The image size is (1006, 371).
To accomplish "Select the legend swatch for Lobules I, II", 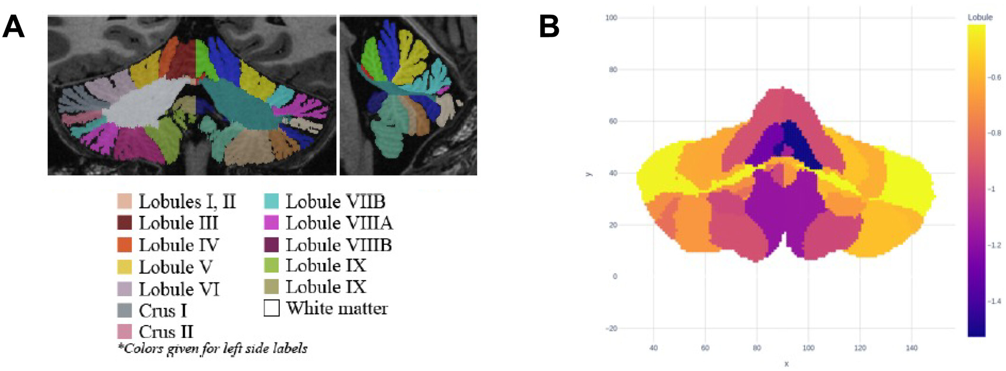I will [124, 201].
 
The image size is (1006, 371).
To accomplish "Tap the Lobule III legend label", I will [178, 223].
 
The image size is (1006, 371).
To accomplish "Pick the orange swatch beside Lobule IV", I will [124, 245].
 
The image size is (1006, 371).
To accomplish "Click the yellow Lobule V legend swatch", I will [124, 267].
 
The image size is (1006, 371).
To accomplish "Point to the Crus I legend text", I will [163, 310].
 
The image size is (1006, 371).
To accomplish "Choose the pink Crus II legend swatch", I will [124, 331].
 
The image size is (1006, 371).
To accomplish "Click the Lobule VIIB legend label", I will [335, 202].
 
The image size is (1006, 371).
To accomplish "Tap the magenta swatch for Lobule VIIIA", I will [271, 222].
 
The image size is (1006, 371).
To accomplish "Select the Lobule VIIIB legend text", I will [338, 245].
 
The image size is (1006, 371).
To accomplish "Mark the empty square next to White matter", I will [271, 308].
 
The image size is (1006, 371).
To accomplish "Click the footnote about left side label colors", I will [212, 349].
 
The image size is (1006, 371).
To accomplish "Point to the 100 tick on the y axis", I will [611, 18].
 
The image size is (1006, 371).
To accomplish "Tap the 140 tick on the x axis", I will [911, 348].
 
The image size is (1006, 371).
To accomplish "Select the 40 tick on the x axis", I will [653, 348].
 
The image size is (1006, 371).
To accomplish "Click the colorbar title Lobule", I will [980, 18].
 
